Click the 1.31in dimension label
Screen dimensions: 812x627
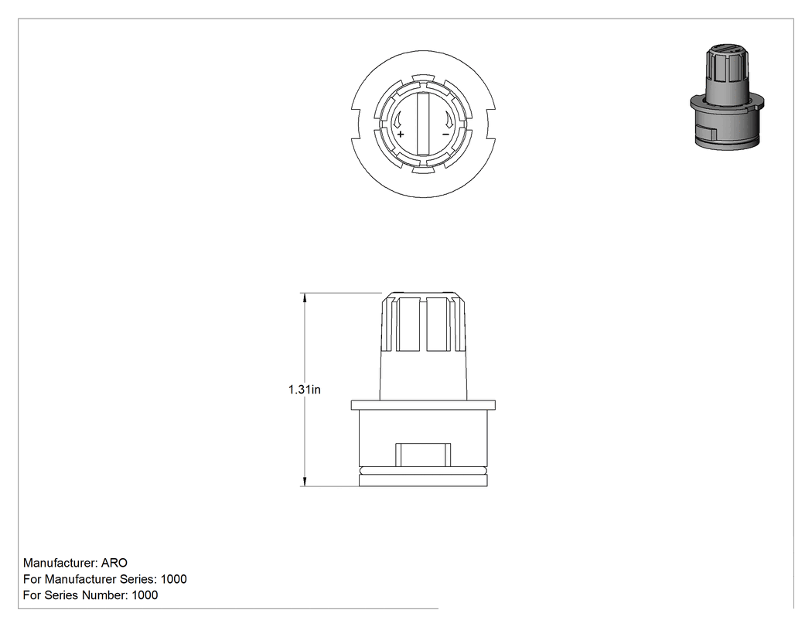pyautogui.click(x=305, y=390)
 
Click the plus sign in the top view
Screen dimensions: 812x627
pyautogui.click(x=401, y=134)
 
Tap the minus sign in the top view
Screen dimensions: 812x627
pyautogui.click(x=446, y=135)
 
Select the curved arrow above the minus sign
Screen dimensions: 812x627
pyautogui.click(x=449, y=121)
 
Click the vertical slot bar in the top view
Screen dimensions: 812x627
pyautogui.click(x=423, y=124)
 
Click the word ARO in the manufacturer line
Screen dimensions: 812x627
pyautogui.click(x=114, y=563)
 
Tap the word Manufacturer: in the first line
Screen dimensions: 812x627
pyautogui.click(x=60, y=563)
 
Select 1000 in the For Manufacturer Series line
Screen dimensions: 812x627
pyautogui.click(x=173, y=579)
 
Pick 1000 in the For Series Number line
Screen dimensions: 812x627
pyautogui.click(x=145, y=595)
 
